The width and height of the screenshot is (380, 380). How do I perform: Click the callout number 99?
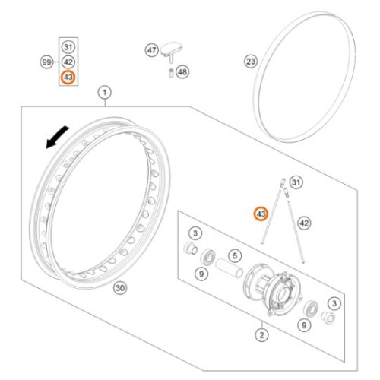pyautogui.click(x=46, y=62)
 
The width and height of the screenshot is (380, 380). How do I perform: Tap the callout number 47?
pyautogui.click(x=152, y=50)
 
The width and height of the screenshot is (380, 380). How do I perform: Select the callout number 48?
pyautogui.click(x=182, y=72)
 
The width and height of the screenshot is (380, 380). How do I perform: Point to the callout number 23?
pyautogui.click(x=251, y=62)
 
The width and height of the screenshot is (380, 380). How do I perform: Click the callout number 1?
pyautogui.click(x=105, y=93)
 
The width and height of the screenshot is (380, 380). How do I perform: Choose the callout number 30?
pyautogui.click(x=120, y=288)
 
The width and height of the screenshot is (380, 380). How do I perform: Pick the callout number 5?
pyautogui.click(x=235, y=255)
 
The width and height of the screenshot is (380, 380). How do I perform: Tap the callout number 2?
pyautogui.click(x=261, y=335)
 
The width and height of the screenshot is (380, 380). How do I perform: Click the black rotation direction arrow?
pyautogui.click(x=57, y=138)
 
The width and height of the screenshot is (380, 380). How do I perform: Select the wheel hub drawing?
pyautogui.click(x=273, y=290)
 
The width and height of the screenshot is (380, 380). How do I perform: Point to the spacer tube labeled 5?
pyautogui.click(x=230, y=268)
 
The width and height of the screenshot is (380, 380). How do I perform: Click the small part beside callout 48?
pyautogui.click(x=171, y=73)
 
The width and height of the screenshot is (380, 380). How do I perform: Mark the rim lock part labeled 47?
pyautogui.click(x=172, y=52)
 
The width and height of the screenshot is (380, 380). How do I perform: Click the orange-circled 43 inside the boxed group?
pyautogui.click(x=68, y=78)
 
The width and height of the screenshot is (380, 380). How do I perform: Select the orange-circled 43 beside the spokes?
pyautogui.click(x=261, y=214)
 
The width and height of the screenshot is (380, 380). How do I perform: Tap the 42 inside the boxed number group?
pyautogui.click(x=68, y=62)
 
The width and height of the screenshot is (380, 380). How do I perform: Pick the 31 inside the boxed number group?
pyautogui.click(x=68, y=47)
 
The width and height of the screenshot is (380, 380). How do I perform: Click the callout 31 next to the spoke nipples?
pyautogui.click(x=296, y=182)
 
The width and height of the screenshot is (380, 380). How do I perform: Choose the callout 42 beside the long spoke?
pyautogui.click(x=304, y=223)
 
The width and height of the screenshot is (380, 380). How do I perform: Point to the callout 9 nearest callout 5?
pyautogui.click(x=201, y=274)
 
